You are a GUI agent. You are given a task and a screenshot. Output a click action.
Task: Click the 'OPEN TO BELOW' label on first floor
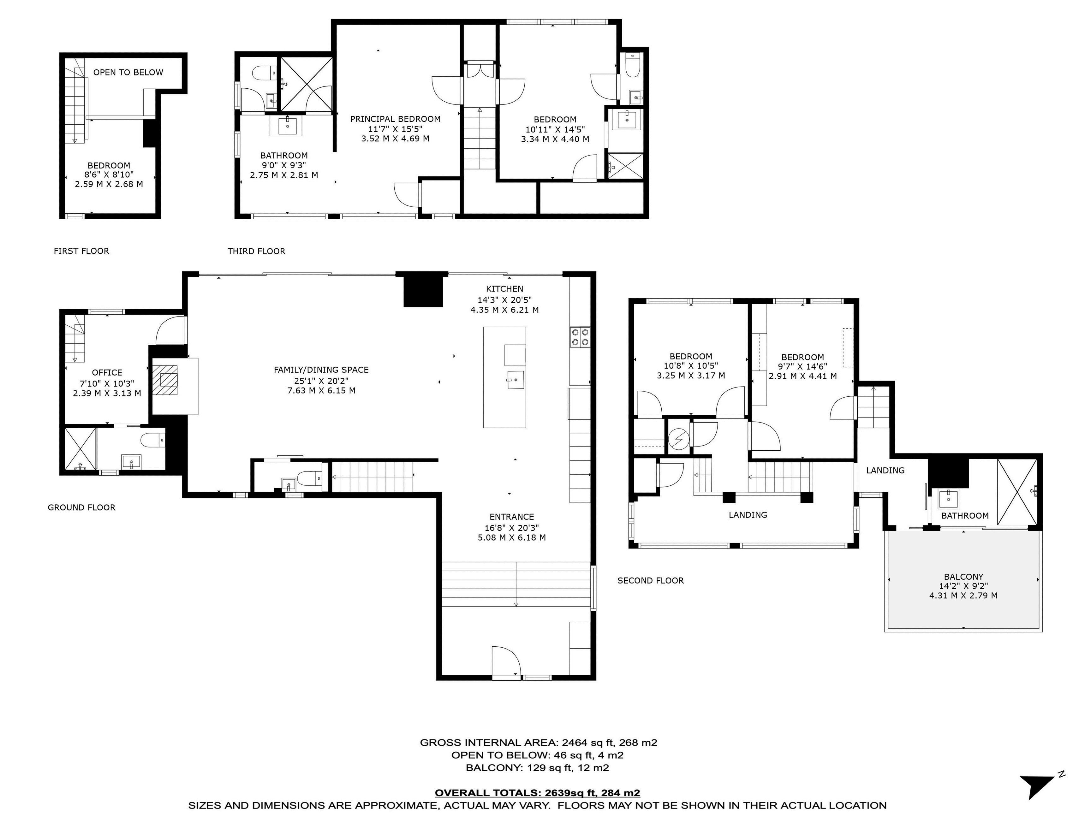point(128,73)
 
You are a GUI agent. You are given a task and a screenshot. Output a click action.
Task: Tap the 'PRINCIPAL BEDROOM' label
point(395,119)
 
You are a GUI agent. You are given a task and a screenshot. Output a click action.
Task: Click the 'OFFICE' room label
point(107,373)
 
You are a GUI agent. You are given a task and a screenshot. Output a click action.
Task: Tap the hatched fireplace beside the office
point(165,380)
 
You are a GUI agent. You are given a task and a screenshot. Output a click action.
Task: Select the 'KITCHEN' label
point(504,289)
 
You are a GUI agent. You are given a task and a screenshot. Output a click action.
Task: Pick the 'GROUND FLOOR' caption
point(81,507)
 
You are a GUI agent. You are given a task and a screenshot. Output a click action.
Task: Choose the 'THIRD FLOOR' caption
point(256,251)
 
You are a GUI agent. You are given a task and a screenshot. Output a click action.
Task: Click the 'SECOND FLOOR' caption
point(651,581)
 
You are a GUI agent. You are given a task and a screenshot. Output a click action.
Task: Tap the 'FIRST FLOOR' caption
point(81,251)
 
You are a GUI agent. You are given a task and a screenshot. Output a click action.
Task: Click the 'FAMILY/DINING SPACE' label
point(321,370)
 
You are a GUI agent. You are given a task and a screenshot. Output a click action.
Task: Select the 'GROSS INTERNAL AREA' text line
point(539,743)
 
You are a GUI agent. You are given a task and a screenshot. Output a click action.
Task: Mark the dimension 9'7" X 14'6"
point(802,367)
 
